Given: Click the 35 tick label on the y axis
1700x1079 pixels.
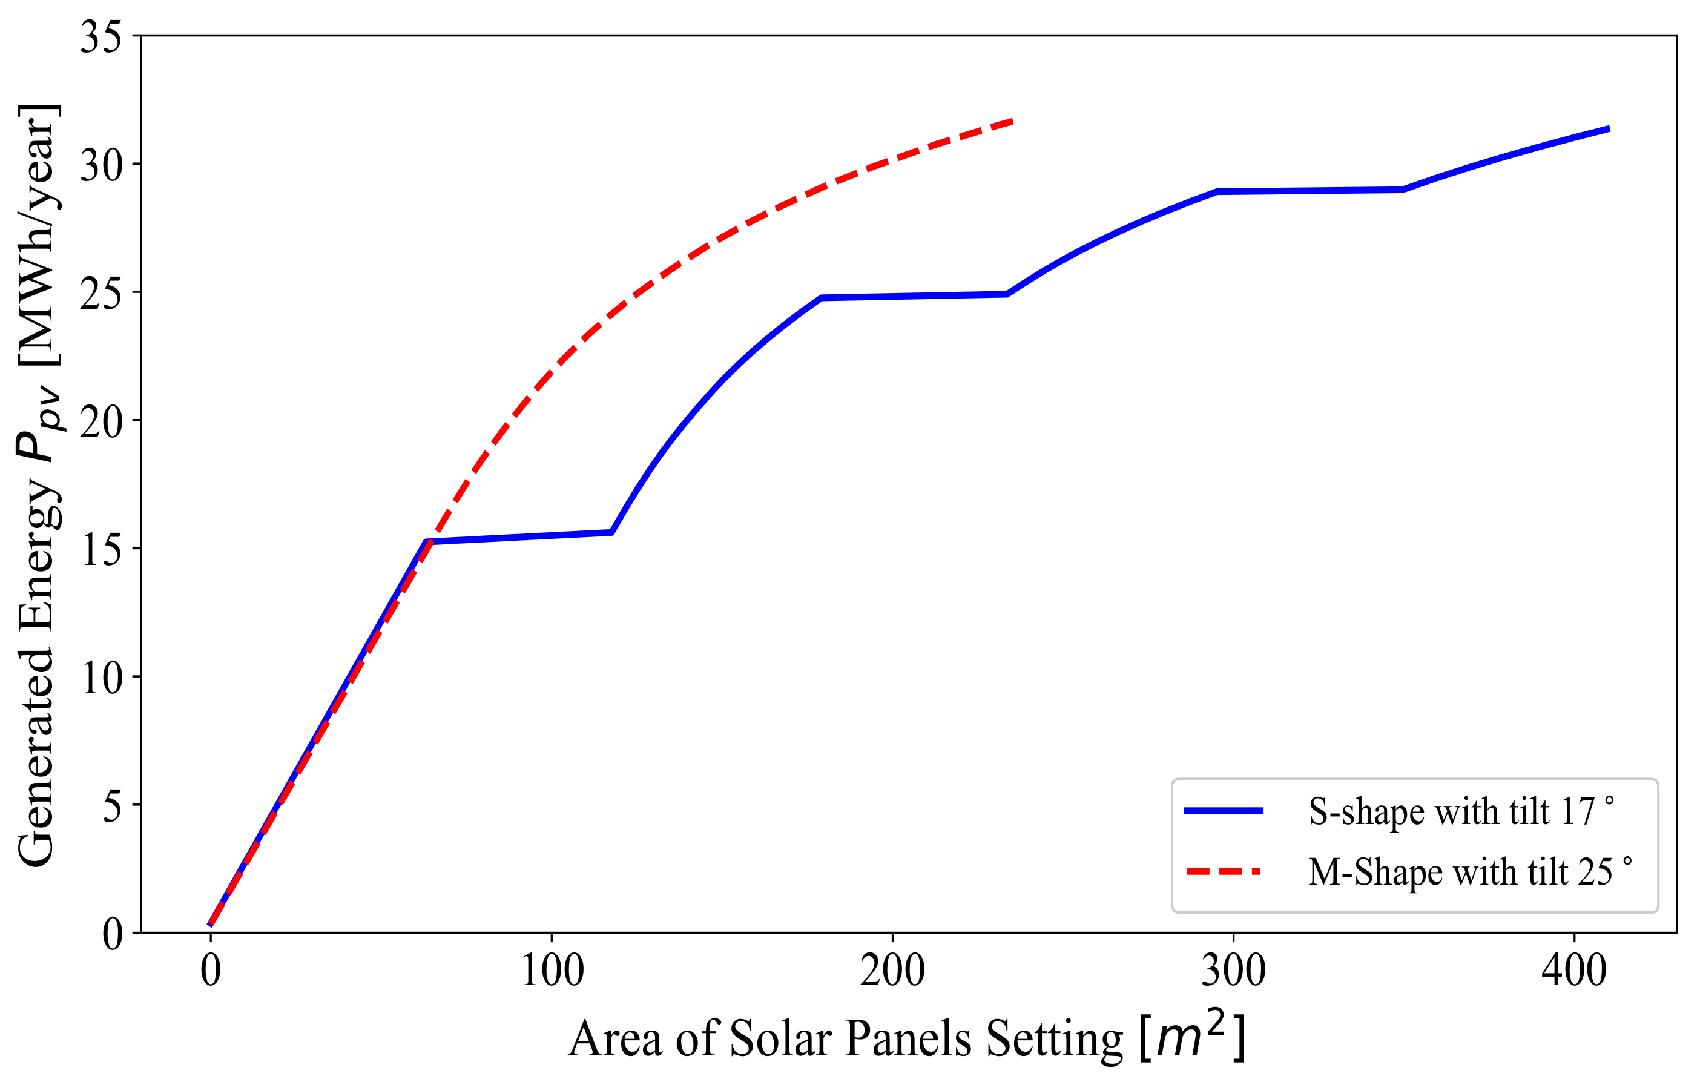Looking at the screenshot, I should tap(100, 37).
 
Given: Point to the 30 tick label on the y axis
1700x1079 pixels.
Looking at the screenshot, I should tap(100, 165).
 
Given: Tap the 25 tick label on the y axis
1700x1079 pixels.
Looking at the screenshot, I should tap(100, 294).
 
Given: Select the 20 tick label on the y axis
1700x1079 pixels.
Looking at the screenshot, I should tap(100, 422).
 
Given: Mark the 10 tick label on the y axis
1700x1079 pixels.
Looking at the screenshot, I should tap(100, 679).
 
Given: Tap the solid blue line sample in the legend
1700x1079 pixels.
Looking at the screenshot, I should tap(1224, 811).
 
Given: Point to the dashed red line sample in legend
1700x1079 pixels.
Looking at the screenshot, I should tap(1224, 872).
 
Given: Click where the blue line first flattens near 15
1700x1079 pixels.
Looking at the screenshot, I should tap(427, 541).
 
